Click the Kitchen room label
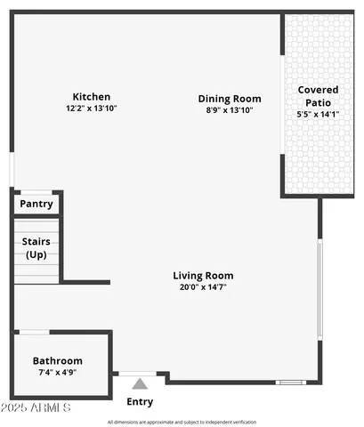click(x=91, y=96)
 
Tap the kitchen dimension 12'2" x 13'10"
click(x=91, y=108)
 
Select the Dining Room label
click(x=229, y=99)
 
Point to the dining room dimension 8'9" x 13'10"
click(x=229, y=110)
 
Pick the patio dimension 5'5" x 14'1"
click(x=317, y=114)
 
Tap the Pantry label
click(x=36, y=204)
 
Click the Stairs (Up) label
click(x=35, y=247)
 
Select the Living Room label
click(x=203, y=276)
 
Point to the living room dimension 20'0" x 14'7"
click(x=203, y=287)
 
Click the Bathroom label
click(x=58, y=360)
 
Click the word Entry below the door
click(x=140, y=401)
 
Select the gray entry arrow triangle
click(x=140, y=384)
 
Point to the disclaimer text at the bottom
click(x=182, y=422)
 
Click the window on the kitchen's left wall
click(x=12, y=169)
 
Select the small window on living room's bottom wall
click(x=289, y=383)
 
